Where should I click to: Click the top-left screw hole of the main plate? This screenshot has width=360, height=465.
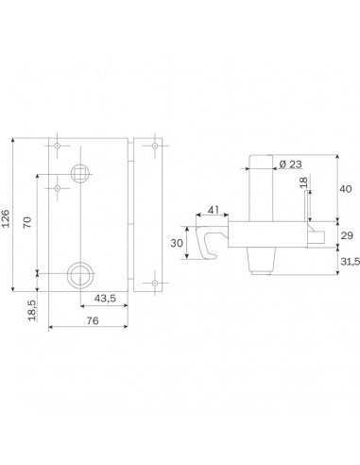[x=59, y=146]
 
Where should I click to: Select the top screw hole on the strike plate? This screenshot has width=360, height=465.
[x=151, y=146]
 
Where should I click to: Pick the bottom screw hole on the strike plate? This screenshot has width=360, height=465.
[x=151, y=282]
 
